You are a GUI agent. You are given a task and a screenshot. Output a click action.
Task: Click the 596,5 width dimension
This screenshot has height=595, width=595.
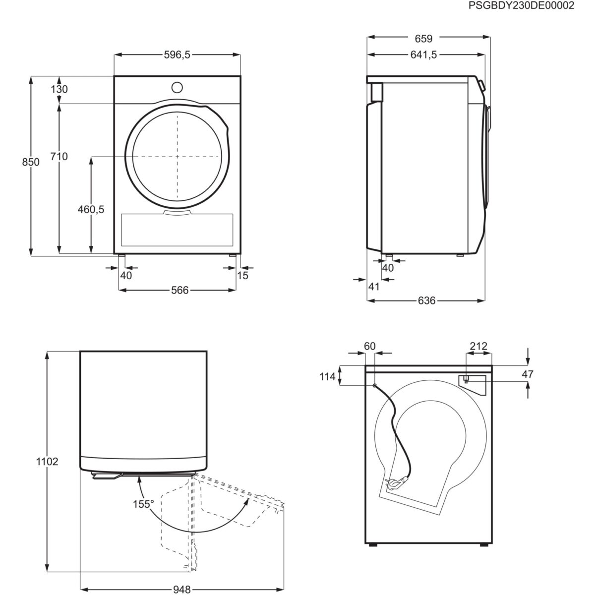pos(177,55)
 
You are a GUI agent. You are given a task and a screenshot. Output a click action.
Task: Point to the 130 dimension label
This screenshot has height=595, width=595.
pos(59,89)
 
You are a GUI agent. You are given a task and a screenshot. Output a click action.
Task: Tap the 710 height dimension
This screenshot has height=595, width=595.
pos(59,157)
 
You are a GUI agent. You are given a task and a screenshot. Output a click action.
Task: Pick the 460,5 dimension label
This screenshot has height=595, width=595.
pos(91,209)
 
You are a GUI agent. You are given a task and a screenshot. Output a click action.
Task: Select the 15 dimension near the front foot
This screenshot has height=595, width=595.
pos(242,275)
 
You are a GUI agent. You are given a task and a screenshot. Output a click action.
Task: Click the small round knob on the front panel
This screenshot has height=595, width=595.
pos(177,87)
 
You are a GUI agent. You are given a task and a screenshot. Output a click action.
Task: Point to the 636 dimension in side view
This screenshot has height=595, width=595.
pos(426,300)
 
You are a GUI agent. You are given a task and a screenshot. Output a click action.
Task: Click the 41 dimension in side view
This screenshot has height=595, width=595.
pos(374,286)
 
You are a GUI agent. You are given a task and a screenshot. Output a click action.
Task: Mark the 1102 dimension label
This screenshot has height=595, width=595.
pos(47,462)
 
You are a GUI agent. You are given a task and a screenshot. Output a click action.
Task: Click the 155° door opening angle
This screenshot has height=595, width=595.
pos(143,504)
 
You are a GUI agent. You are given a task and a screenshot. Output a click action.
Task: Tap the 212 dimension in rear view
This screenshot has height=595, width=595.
pos(478,346)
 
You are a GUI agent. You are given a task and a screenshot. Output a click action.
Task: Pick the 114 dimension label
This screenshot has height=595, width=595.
pos(327,377)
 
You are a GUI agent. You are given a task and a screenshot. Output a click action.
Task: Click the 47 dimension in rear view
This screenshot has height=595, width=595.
pos(528,374)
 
